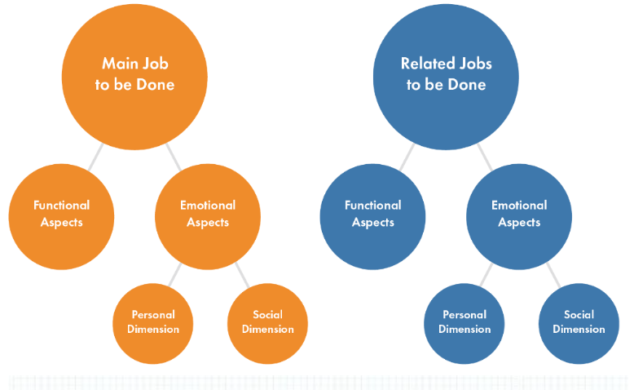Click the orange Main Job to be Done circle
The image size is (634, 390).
134,77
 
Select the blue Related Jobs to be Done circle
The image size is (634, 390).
446,77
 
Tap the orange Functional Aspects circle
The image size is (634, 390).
61,217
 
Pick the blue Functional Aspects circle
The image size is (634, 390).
372,217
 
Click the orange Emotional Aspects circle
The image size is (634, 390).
208,217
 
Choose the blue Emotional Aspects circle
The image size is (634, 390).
519,217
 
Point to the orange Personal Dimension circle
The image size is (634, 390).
153,324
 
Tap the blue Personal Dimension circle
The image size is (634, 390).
464,324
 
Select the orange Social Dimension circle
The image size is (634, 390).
267,324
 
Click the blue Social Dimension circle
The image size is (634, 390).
579,324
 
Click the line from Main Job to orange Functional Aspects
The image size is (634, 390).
96,157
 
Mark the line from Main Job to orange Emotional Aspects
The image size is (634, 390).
174,157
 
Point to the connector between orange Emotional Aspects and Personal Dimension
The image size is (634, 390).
174,275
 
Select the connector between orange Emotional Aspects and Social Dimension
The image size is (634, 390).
242,275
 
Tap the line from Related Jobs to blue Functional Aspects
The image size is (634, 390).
407,157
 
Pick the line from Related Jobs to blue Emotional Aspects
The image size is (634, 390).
485,157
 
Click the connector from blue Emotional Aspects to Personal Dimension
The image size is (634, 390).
486,275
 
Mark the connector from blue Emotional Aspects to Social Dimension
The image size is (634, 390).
553,275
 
